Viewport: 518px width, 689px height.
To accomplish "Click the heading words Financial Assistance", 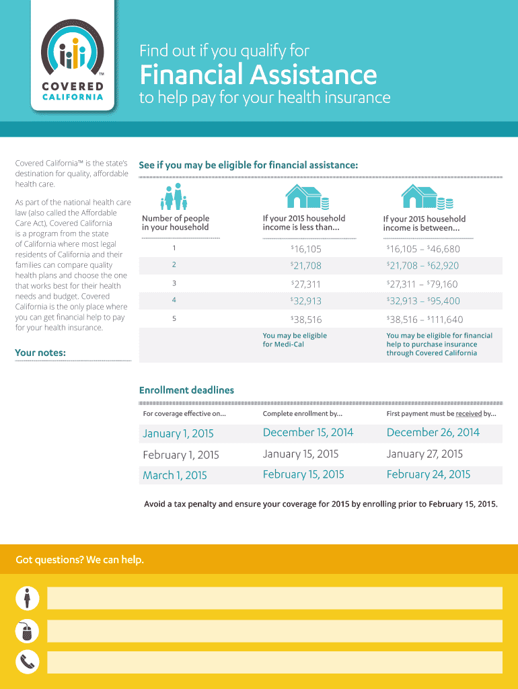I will coord(258,74).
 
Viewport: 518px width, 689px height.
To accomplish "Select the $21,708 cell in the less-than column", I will coord(306,266).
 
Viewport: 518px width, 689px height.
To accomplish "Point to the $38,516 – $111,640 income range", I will coord(424,320).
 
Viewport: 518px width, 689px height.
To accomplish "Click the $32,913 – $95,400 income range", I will coord(423,301).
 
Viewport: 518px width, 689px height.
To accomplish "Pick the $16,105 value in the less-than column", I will coord(306,249).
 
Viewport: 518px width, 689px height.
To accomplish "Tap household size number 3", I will coord(174,283).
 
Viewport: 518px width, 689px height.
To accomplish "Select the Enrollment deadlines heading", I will coord(186,390).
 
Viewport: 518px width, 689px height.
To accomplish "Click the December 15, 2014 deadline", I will coord(307,433).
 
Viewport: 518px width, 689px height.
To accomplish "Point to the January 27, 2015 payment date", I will coord(424,454).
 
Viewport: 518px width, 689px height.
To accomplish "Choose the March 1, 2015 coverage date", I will coord(175,476).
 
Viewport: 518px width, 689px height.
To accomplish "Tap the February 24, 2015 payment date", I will coord(429,474).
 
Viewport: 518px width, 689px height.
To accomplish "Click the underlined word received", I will coord(468,414).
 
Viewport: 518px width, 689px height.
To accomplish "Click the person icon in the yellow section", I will coord(26,597).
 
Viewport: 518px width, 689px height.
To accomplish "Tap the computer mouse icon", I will coord(26,631).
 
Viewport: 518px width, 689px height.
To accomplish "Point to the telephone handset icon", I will coord(26,663).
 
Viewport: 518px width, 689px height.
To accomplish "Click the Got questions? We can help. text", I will coord(79,560).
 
